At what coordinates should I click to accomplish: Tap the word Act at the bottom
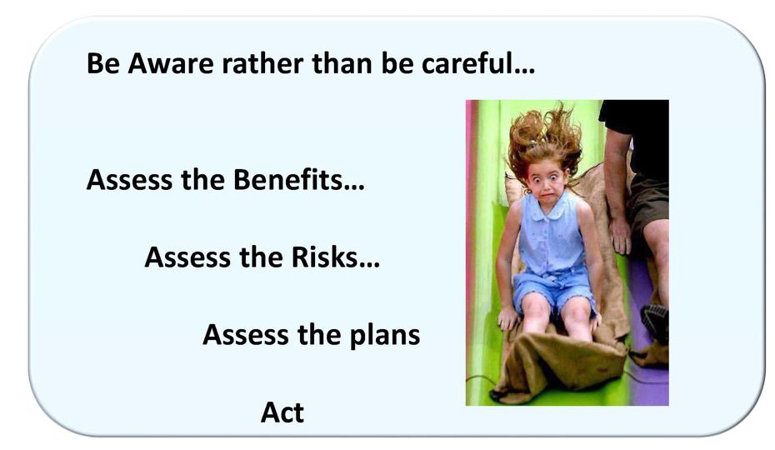point(282,412)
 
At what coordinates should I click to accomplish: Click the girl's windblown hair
point(546,137)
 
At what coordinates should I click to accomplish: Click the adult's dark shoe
point(656,322)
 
